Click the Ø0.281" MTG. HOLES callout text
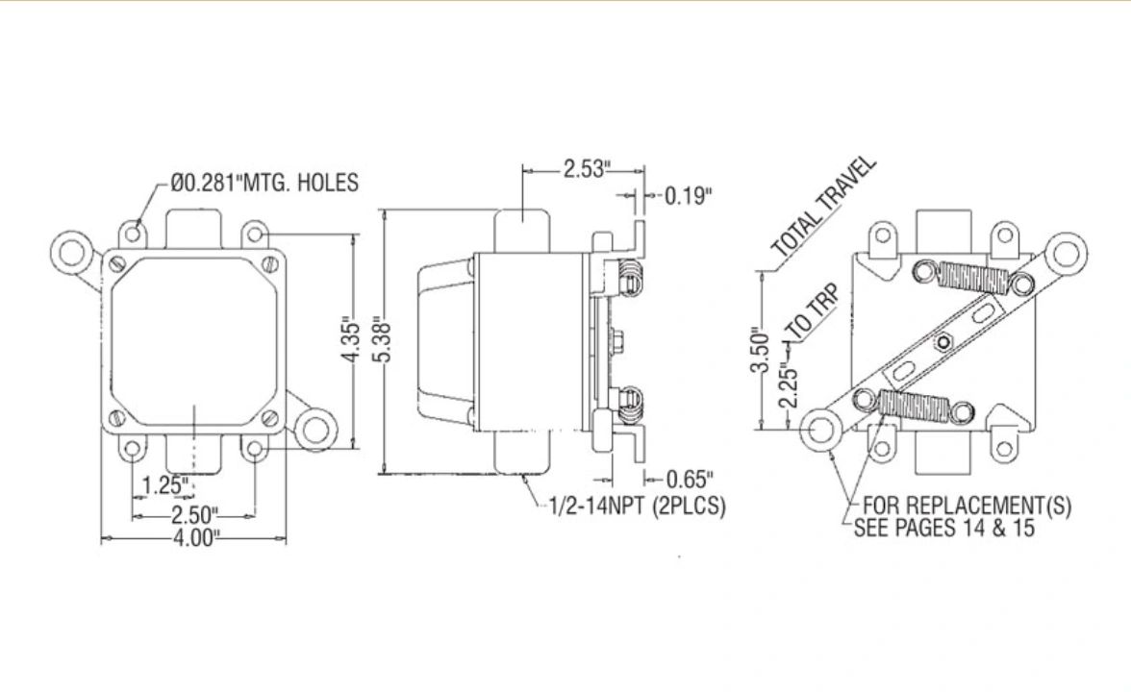(x=264, y=183)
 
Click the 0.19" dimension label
(x=689, y=196)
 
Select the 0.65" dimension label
(x=691, y=478)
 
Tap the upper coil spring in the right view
(x=972, y=278)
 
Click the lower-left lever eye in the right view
(x=820, y=429)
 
